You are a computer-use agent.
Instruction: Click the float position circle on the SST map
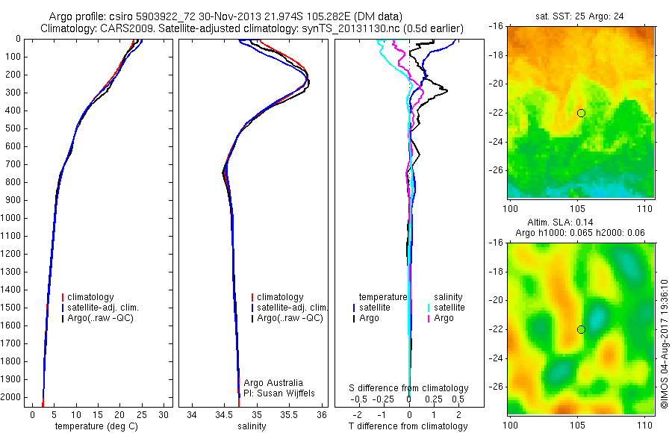click(581, 113)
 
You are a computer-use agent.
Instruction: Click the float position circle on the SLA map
click(581, 329)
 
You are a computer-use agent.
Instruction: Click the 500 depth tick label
click(12, 128)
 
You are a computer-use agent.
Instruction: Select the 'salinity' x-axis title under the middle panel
click(252, 426)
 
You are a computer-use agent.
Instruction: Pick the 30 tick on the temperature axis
click(164, 414)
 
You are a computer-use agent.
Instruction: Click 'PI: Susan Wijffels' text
click(280, 393)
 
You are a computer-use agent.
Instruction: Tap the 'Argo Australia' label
click(274, 383)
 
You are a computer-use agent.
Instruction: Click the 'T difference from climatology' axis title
click(408, 426)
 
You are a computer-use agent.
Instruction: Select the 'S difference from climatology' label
click(409, 388)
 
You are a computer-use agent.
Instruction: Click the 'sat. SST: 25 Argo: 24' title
click(579, 16)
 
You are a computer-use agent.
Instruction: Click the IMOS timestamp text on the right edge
click(665, 344)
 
